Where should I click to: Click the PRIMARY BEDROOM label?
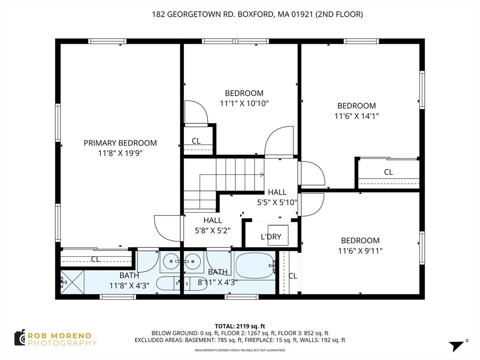click(120, 143)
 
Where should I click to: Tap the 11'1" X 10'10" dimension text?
click(244, 103)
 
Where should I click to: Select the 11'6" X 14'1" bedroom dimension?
click(356, 115)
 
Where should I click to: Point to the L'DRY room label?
click(271, 237)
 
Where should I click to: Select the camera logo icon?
click(20, 337)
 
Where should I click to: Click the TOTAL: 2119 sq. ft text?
click(240, 326)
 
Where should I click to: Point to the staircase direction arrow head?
click(262, 175)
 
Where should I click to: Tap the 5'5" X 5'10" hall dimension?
click(277, 202)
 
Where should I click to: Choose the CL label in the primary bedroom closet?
click(96, 259)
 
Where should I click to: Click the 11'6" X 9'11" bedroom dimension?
click(360, 250)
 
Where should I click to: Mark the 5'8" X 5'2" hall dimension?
click(212, 230)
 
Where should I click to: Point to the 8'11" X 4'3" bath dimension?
click(217, 282)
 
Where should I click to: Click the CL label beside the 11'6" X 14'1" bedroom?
click(388, 172)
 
